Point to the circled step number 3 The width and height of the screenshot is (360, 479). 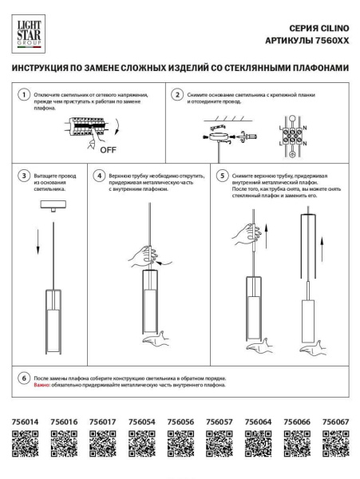26,175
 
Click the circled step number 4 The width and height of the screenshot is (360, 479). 99,175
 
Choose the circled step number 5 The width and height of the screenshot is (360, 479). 223,175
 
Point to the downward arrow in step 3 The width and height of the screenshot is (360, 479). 38,242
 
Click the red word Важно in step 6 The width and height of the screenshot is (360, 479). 42,385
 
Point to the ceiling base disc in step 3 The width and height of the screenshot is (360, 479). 56,205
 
